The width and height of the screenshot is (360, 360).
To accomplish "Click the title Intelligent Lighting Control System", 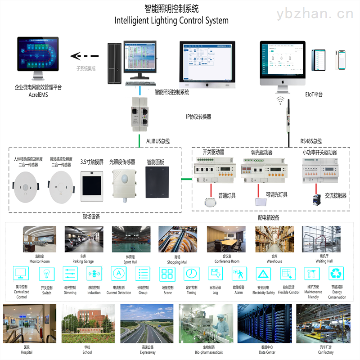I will click(171, 21).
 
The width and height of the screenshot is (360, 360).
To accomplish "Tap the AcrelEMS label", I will click(38, 95).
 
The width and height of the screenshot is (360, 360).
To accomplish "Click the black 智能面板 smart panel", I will click(157, 182).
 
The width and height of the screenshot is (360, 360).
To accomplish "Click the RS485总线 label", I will click(311, 141).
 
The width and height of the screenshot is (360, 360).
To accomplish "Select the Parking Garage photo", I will click(84, 239).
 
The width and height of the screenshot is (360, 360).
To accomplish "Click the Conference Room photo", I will click(226, 239).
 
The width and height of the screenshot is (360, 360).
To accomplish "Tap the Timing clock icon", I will click(192, 274).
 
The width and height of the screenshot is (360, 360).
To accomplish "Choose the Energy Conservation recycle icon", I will click(337, 274).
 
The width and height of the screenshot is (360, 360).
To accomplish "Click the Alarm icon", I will click(239, 274).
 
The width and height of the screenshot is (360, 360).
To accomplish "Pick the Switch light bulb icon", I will click(47, 274).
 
